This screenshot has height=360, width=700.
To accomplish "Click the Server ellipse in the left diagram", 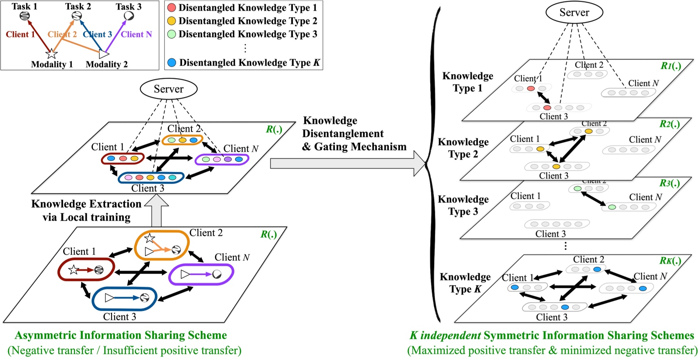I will click(x=168, y=89).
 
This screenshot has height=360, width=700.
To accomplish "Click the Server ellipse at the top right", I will click(x=574, y=13).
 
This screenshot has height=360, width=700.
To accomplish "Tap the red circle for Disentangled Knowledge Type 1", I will click(x=172, y=8).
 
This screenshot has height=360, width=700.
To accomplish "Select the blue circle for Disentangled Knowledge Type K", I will click(x=172, y=63).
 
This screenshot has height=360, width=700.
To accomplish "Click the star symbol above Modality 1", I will click(x=51, y=53).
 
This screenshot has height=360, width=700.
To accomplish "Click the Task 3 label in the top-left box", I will click(x=128, y=7).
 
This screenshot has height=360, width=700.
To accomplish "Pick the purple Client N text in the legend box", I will click(x=136, y=35).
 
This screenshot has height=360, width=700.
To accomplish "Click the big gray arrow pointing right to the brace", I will click(x=346, y=163).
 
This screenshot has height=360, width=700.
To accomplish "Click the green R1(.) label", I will click(x=671, y=66).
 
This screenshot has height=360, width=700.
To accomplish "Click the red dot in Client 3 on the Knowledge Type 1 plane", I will click(x=547, y=108).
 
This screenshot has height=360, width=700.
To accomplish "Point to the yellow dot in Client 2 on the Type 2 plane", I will click(x=588, y=131).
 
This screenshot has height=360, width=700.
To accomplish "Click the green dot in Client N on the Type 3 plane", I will click(x=612, y=207).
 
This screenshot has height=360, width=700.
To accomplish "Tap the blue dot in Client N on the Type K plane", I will click(x=643, y=288).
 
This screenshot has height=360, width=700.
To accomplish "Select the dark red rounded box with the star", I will click(x=86, y=270).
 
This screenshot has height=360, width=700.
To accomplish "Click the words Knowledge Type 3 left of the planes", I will click(x=463, y=205).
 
